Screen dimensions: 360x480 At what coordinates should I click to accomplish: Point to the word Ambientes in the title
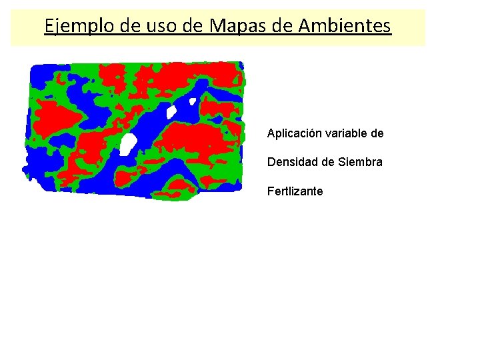coord(345,26)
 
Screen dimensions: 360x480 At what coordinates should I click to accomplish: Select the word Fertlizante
coord(295,191)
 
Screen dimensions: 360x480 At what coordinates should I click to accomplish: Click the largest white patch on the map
coord(127,143)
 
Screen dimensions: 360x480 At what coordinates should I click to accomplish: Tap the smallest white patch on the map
coord(193,102)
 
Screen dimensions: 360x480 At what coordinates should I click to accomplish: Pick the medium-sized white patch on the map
coord(171,111)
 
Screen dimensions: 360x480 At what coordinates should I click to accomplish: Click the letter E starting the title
coord(49,26)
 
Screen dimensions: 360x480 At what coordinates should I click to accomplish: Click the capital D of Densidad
coord(271,162)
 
